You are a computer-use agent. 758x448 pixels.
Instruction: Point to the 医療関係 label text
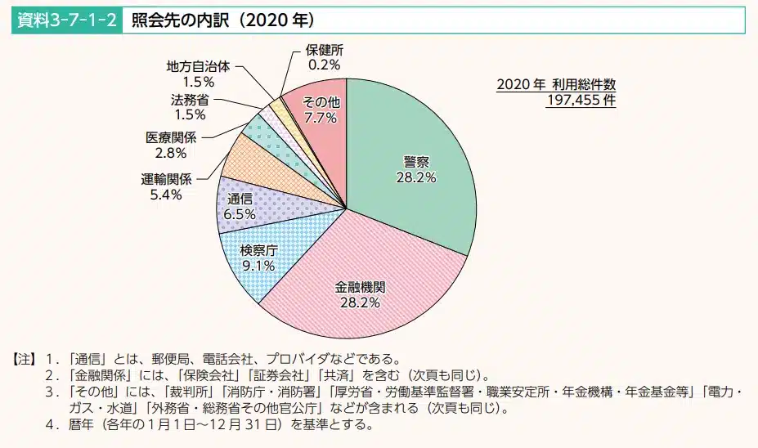[170, 137]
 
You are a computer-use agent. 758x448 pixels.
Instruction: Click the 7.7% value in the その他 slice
[321, 118]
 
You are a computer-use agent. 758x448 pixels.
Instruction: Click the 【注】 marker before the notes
[22, 359]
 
